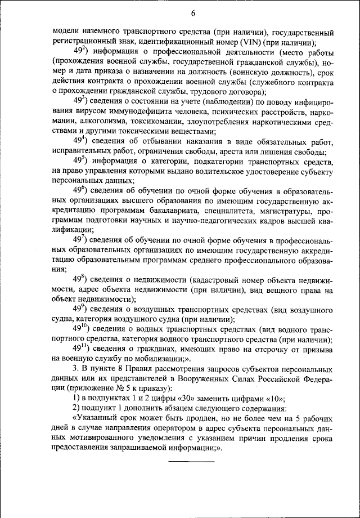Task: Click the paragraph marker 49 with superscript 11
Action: click(84, 348)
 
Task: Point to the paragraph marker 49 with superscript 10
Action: click(84, 328)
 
